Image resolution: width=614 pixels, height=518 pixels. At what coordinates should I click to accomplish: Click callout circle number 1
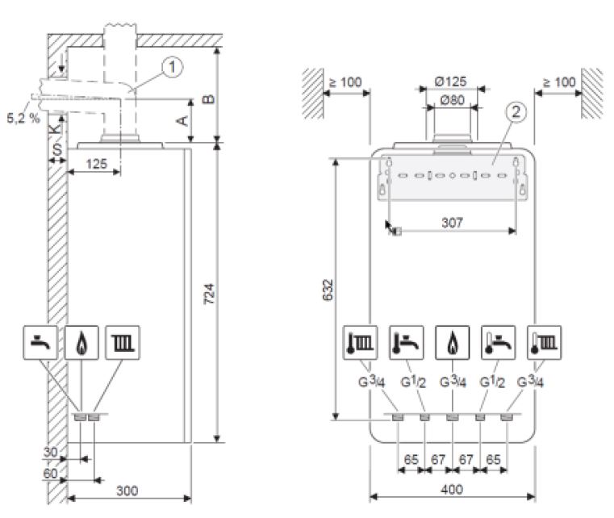(173, 67)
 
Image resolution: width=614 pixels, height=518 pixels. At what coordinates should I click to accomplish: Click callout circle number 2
(516, 112)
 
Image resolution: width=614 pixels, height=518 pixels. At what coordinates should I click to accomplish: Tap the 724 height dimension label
(210, 294)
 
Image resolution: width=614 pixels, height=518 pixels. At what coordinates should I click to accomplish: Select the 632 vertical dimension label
(328, 290)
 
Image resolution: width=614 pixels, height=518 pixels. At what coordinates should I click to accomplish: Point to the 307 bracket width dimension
(453, 223)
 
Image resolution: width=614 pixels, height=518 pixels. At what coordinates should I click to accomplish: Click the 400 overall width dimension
(453, 490)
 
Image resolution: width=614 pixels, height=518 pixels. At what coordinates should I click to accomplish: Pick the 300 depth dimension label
(127, 491)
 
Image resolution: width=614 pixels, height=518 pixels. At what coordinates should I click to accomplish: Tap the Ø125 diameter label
(450, 81)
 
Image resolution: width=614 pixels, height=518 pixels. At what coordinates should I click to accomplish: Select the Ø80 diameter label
(453, 100)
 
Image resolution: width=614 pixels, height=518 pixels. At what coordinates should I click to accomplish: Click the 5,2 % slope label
(23, 118)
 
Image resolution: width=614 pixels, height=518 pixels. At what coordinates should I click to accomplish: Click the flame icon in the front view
(453, 343)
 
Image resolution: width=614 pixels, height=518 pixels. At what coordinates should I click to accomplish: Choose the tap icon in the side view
(40, 343)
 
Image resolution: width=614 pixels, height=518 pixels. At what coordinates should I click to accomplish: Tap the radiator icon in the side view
(123, 343)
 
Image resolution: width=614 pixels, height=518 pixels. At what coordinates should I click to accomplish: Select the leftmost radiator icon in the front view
(361, 343)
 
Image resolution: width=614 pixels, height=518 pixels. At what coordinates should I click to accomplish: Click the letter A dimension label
(182, 120)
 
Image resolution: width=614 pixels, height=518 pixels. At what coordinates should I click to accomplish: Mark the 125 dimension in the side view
(96, 164)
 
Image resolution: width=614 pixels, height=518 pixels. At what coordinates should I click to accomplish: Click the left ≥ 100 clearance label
(345, 82)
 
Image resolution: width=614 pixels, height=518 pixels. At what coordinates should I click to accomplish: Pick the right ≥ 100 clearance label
(559, 82)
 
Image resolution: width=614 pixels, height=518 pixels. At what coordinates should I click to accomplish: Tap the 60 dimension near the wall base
(50, 474)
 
